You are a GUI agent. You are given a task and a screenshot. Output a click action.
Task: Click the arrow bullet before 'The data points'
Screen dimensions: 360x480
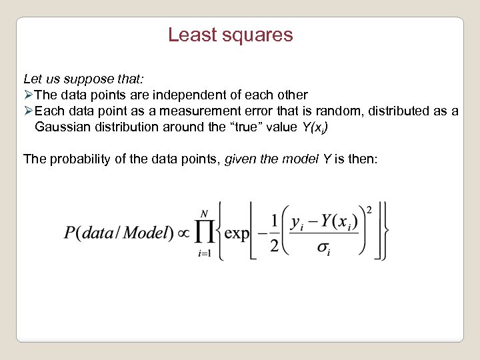28,95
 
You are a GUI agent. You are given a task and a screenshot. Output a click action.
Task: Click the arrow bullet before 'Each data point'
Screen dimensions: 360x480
28,111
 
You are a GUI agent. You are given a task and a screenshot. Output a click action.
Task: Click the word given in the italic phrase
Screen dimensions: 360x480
241,159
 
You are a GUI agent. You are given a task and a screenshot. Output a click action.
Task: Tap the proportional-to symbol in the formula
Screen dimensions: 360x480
183,233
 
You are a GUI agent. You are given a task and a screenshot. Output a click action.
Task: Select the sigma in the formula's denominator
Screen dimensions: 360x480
324,249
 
